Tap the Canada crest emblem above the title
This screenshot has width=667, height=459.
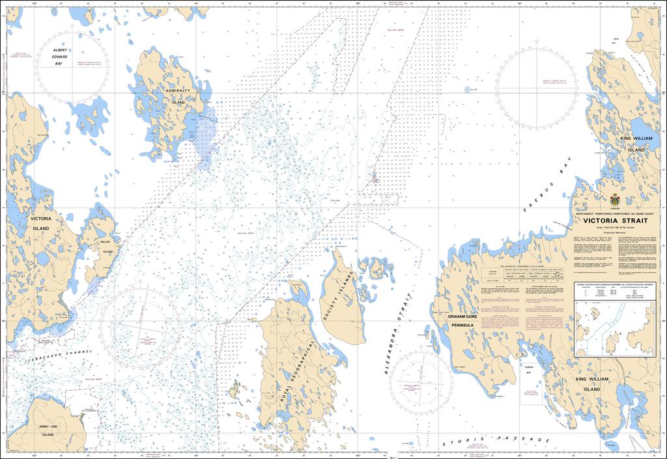pos(614,200)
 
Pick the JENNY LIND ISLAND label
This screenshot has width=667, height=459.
pos(47,430)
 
